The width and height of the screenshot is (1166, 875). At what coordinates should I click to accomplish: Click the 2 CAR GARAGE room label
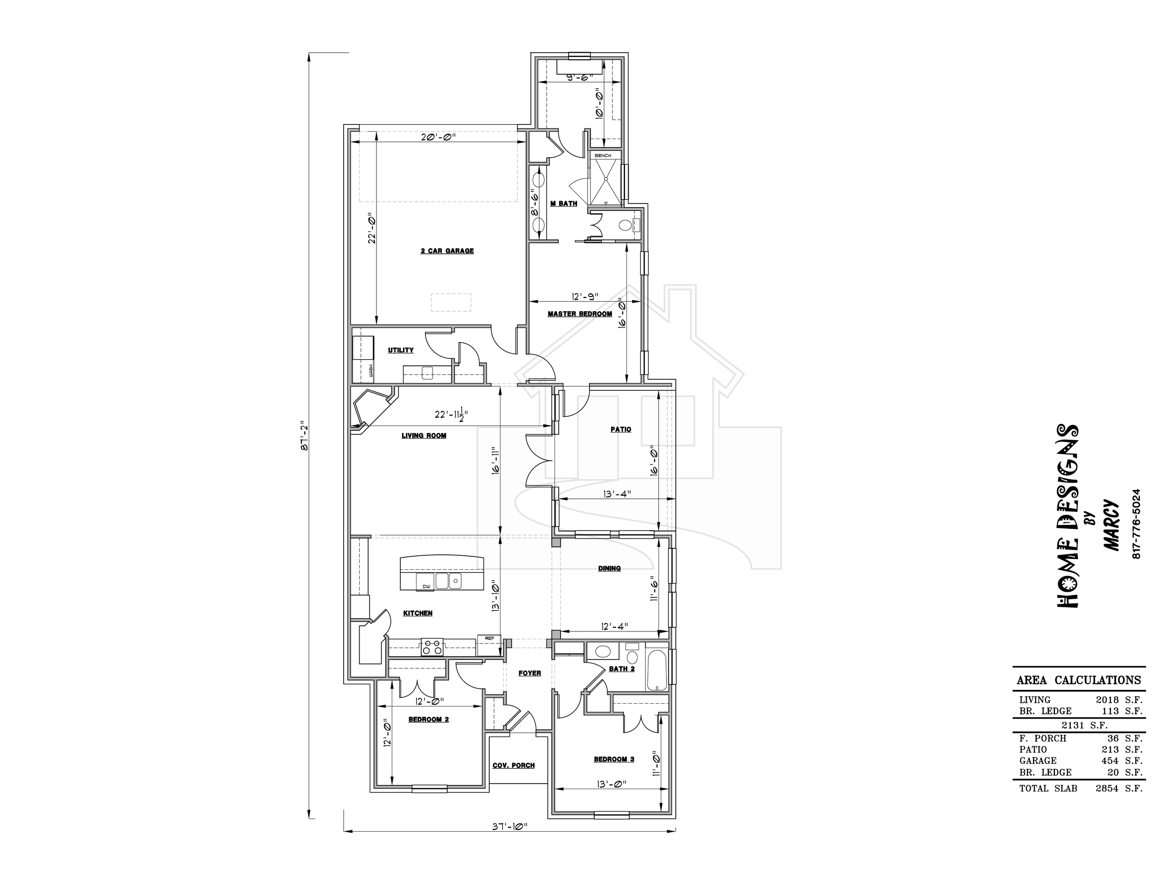click(447, 251)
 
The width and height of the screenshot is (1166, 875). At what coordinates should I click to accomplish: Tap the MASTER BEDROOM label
click(580, 314)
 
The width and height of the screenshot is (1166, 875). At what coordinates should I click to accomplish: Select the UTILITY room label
click(401, 350)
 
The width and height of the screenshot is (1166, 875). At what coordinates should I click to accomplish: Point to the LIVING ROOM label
click(424, 436)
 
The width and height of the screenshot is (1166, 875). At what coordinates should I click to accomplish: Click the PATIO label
click(621, 429)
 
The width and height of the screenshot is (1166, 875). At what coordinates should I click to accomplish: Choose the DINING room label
click(610, 568)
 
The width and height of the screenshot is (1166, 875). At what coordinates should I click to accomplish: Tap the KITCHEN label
click(417, 613)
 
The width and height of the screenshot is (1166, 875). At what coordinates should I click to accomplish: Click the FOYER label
click(530, 673)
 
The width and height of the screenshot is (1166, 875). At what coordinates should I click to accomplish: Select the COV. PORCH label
click(514, 765)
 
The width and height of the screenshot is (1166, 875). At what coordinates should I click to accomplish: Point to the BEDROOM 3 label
click(614, 759)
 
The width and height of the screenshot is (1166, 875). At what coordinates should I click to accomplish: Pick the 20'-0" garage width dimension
click(438, 137)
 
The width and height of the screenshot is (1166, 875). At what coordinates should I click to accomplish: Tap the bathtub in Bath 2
click(657, 670)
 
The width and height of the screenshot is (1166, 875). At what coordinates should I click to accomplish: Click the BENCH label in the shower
click(603, 155)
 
